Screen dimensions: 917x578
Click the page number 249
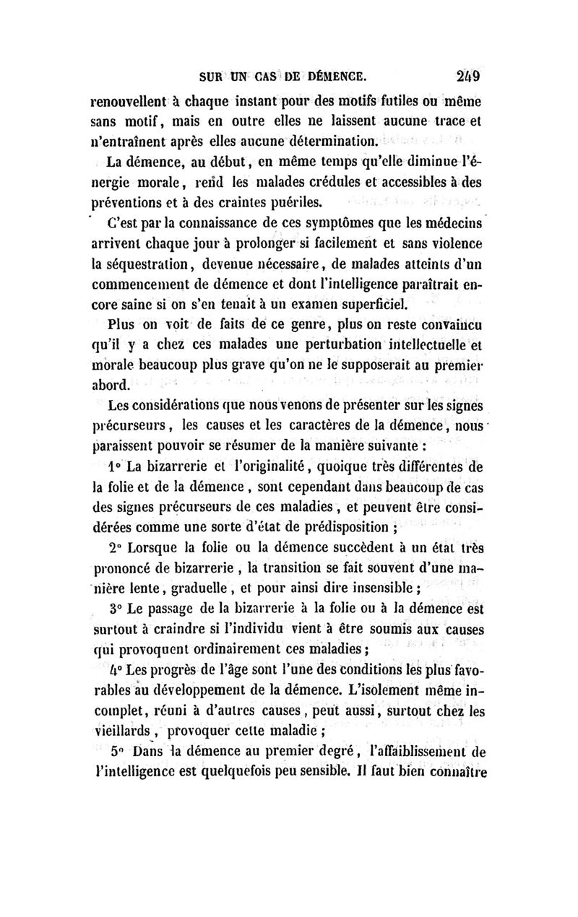pyautogui.click(x=469, y=74)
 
